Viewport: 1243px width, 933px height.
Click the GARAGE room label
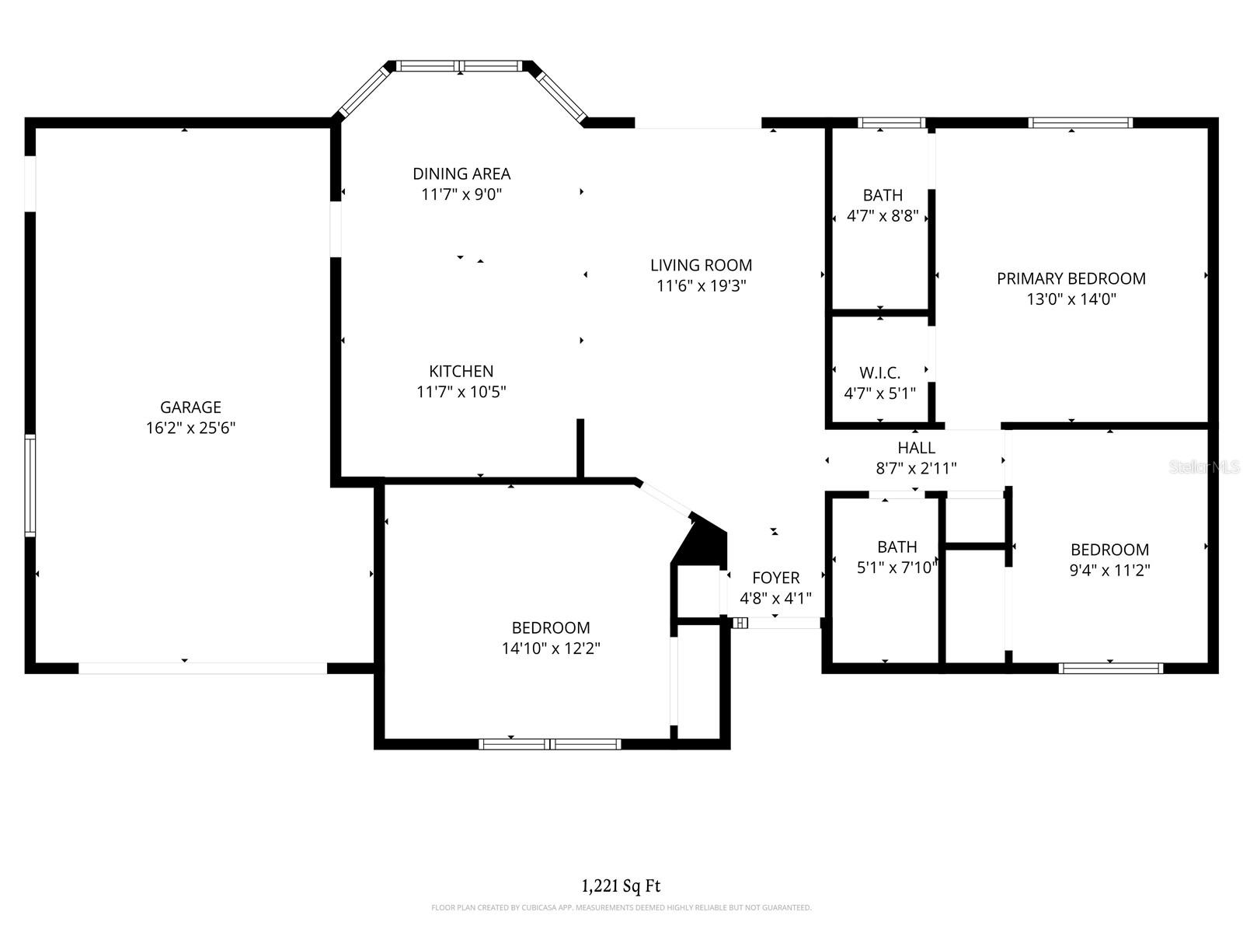tap(190, 407)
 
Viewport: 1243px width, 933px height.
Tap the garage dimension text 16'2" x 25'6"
tap(190, 428)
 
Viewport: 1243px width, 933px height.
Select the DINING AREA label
tap(461, 173)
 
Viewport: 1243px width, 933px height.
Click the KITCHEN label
tap(461, 371)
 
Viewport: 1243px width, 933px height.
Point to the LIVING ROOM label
tap(701, 265)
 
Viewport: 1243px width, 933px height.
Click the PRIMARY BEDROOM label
tap(1071, 278)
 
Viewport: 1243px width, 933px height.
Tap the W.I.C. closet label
tap(879, 372)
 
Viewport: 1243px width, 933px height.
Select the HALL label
tap(916, 447)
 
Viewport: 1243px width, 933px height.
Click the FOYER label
tap(775, 578)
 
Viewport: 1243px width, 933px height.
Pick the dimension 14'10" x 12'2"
tap(551, 648)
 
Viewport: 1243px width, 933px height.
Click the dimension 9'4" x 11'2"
tap(1109, 570)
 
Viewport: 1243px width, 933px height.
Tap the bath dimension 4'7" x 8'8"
tap(883, 215)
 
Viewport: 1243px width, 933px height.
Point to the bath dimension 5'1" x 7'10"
tap(897, 568)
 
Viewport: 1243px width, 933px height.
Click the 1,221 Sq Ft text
tap(621, 885)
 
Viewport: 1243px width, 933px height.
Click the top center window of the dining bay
tap(460, 66)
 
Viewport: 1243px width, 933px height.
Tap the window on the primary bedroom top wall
tap(1080, 122)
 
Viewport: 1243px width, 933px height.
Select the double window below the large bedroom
tap(550, 744)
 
